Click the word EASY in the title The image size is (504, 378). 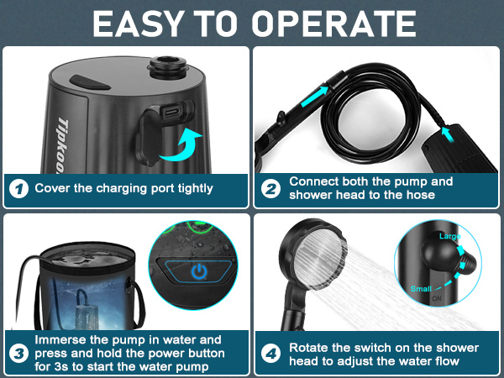click(x=139, y=24)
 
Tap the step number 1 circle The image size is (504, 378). click(x=18, y=188)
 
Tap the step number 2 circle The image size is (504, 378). click(x=270, y=188)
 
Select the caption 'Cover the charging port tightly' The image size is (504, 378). click(x=123, y=188)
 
